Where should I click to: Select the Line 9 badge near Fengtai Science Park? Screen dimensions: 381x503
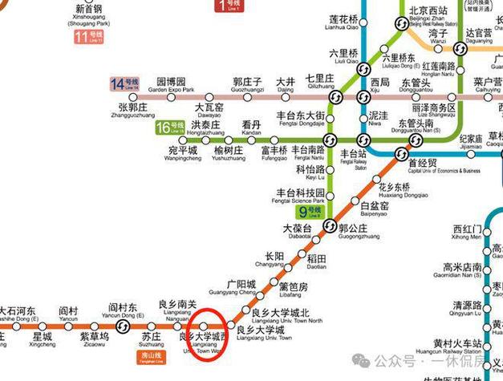click(x=309, y=213)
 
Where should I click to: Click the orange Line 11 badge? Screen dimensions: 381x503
click(x=89, y=37)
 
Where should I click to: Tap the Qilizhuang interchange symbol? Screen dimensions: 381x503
click(x=336, y=96)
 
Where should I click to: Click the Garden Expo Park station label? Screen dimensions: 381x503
click(x=171, y=87)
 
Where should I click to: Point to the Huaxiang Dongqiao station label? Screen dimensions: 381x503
click(x=396, y=192)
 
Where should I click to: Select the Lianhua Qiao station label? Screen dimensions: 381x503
click(x=345, y=24)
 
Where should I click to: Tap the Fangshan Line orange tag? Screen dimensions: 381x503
click(x=148, y=355)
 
